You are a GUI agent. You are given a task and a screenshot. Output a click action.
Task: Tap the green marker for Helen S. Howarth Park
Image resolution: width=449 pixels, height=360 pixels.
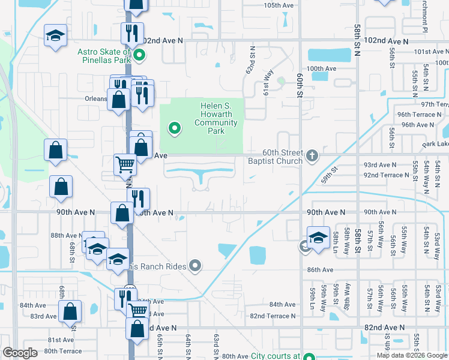(175, 128)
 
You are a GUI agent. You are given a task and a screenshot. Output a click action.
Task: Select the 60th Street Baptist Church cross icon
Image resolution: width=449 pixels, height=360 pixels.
(312, 156)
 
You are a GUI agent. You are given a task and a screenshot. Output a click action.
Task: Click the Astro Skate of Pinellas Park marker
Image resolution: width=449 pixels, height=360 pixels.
(139, 57)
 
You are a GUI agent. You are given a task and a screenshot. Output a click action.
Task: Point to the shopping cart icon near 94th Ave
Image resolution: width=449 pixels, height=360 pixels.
(125, 164)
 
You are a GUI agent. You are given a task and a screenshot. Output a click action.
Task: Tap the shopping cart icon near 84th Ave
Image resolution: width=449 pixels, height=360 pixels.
(138, 310)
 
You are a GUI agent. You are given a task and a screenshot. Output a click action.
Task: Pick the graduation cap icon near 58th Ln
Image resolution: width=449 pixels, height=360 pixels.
(318, 236)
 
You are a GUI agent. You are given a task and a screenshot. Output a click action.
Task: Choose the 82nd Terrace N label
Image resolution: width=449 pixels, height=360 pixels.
(273, 316)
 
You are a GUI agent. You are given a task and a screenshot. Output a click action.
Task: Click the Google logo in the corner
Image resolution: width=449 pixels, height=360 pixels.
(20, 353)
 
